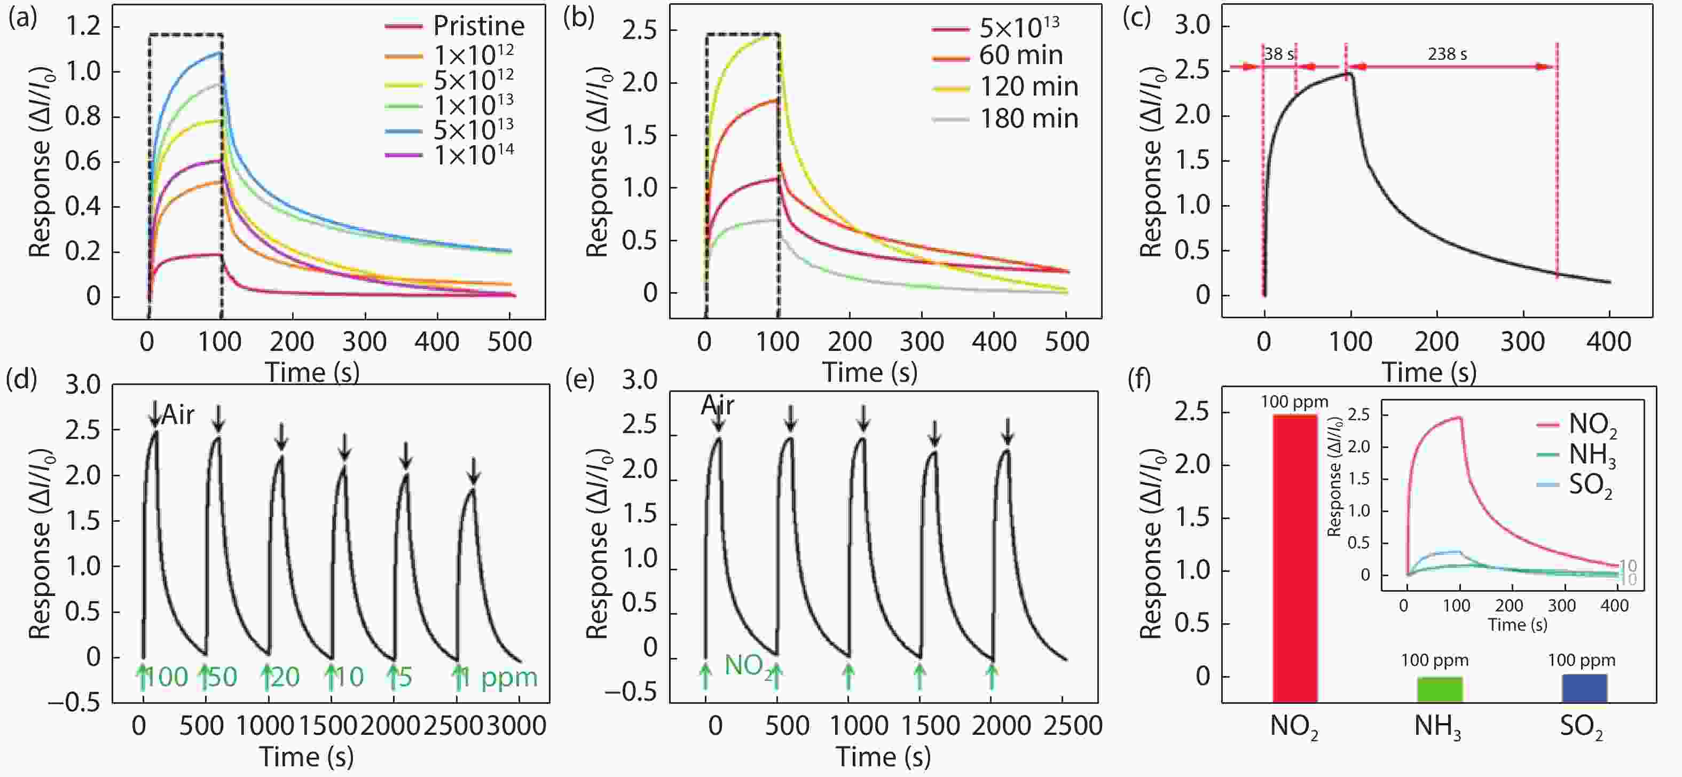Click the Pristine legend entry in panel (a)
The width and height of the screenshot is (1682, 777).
click(x=478, y=26)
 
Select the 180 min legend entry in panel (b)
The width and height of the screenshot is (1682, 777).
click(x=1028, y=119)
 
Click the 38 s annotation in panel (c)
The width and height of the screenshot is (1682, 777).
click(x=1278, y=54)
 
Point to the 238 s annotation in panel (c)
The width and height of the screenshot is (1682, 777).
click(x=1447, y=54)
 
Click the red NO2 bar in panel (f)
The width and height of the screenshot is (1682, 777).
click(x=1295, y=558)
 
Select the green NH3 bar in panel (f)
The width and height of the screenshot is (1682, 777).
click(x=1439, y=689)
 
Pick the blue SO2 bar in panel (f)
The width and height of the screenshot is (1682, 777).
click(x=1584, y=688)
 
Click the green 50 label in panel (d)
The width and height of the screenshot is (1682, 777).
click(x=222, y=678)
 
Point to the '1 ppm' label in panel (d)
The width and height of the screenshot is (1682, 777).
click(x=499, y=678)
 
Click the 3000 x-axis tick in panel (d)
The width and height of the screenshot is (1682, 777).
click(x=516, y=725)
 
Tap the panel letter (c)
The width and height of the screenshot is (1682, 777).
click(x=1136, y=18)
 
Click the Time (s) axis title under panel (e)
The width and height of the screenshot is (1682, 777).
click(x=883, y=757)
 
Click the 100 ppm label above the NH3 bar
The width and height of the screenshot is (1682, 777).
click(x=1435, y=660)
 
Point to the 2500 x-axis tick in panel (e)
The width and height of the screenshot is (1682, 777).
click(x=1072, y=725)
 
